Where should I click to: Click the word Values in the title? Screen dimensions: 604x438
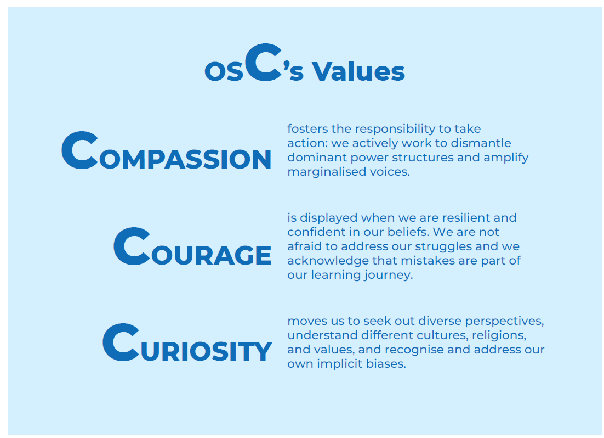pyautogui.click(x=358, y=71)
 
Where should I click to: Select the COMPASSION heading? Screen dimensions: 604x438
pyautogui.click(x=167, y=150)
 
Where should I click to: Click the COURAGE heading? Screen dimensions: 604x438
pyautogui.click(x=192, y=246)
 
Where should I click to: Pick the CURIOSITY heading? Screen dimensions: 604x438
pyautogui.click(x=187, y=342)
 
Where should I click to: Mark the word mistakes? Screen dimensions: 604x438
pyautogui.click(x=428, y=261)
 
